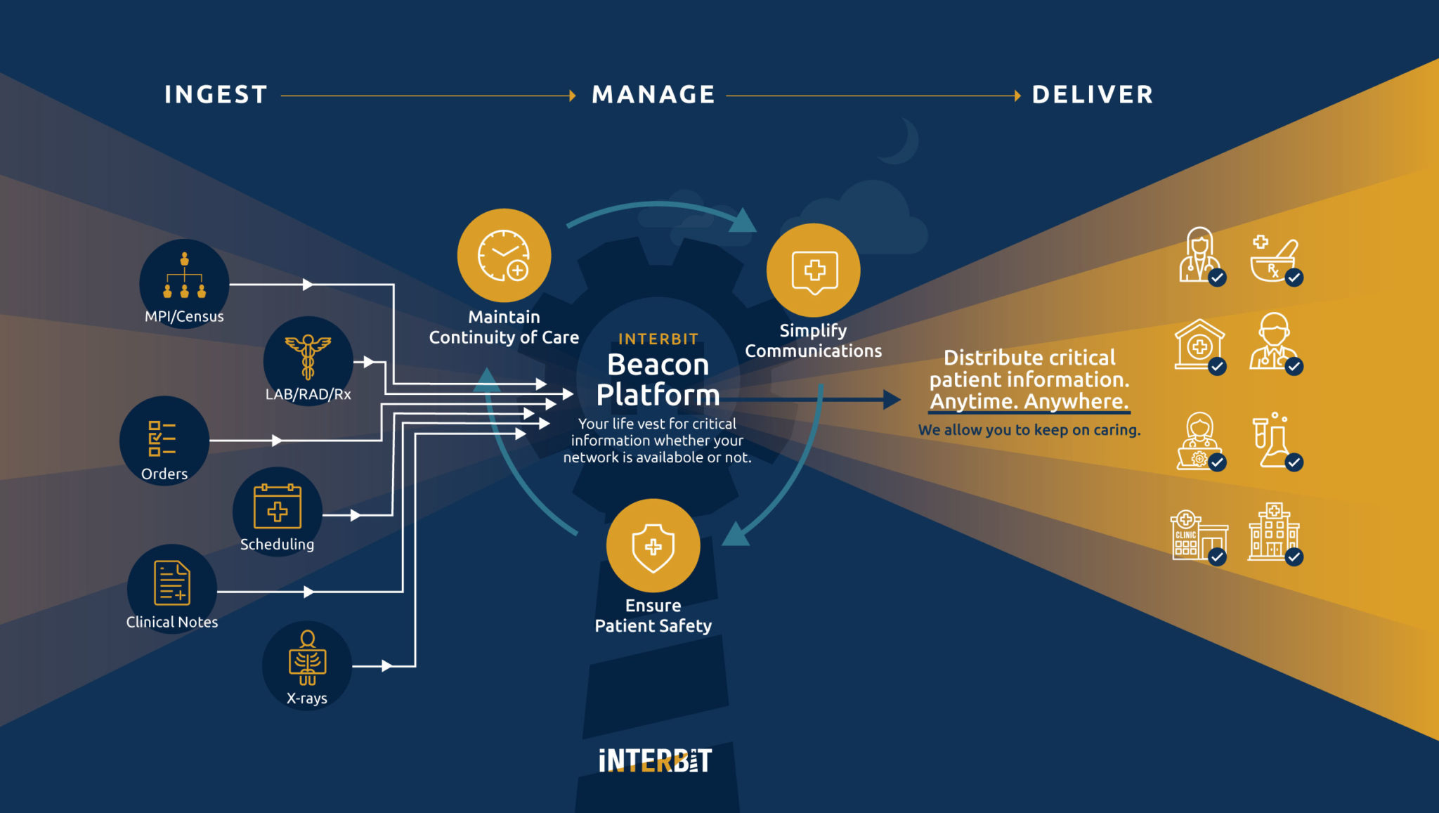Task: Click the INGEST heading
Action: [x=216, y=95]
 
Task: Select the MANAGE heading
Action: [x=653, y=95]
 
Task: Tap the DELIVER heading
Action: [x=1093, y=95]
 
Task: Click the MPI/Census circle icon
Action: [x=184, y=276]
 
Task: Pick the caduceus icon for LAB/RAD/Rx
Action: [x=308, y=356]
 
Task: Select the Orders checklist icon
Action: [x=162, y=438]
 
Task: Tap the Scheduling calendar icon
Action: [x=278, y=507]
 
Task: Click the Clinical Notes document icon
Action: [x=172, y=583]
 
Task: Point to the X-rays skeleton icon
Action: [x=307, y=658]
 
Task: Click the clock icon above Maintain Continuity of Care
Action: [x=504, y=255]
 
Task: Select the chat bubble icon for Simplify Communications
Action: [x=814, y=271]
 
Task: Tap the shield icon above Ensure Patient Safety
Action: [x=653, y=546]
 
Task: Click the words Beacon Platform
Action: [x=658, y=380]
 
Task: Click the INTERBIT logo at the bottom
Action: [x=655, y=760]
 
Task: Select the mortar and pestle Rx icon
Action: [x=1274, y=259]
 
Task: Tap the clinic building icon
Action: [x=1197, y=535]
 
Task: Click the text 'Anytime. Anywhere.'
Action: [x=1029, y=401]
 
